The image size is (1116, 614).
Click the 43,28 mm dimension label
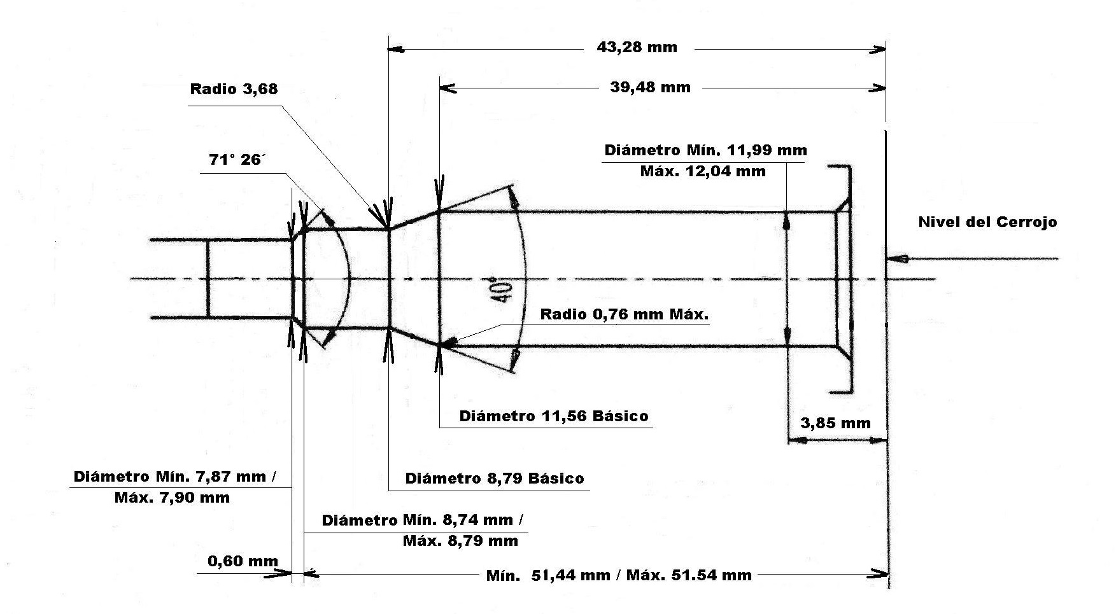(637, 47)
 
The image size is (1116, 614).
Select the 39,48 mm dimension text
(650, 87)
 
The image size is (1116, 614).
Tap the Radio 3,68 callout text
(234, 88)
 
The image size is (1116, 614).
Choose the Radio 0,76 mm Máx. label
(624, 314)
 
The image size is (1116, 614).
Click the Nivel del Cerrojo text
(987, 222)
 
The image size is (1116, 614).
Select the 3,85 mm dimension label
(835, 423)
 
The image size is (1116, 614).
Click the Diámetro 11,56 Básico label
(554, 416)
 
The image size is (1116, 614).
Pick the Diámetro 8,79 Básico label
(494, 478)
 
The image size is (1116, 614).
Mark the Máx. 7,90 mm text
(172, 497)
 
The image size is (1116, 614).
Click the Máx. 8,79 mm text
(460, 541)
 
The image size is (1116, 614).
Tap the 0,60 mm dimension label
(243, 561)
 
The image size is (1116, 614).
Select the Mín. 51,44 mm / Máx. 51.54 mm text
(619, 575)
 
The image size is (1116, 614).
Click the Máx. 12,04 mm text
(703, 171)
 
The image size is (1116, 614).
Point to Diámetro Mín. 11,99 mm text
(705, 151)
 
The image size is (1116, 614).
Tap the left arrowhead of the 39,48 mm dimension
(448, 88)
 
